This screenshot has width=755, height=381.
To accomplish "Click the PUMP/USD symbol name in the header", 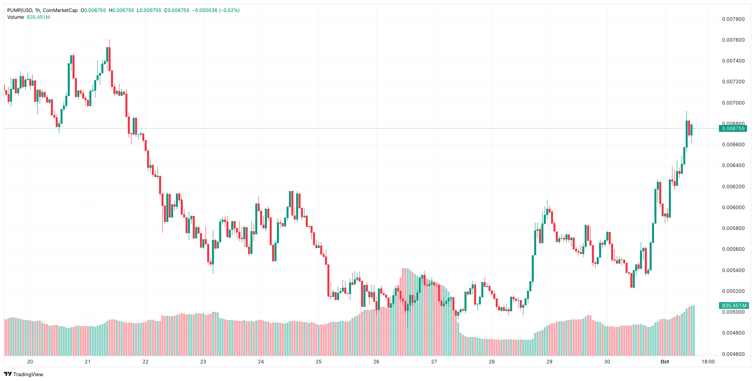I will [x=20, y=10].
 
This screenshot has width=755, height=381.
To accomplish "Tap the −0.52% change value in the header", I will [x=229, y=10].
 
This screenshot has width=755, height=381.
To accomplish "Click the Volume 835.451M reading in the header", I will [x=28, y=17].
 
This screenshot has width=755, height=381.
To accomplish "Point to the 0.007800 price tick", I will [x=733, y=19].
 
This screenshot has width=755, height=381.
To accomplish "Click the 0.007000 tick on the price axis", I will [x=733, y=103].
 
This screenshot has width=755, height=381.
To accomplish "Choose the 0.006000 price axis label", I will [x=733, y=208].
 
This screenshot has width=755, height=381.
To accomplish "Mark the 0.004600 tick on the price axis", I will [x=733, y=354].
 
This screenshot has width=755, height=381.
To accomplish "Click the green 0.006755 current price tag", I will [x=733, y=129].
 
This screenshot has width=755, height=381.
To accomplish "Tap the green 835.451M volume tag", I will [x=733, y=306].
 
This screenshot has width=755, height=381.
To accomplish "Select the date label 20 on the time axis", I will [x=30, y=362].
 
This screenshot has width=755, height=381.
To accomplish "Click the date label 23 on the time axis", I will [x=203, y=362].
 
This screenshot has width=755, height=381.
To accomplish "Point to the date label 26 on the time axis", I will [x=376, y=362].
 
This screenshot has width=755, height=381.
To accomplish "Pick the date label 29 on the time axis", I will [x=549, y=362].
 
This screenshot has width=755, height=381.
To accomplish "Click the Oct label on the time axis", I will [x=665, y=362].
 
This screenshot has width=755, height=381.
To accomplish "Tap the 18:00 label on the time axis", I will [x=708, y=362].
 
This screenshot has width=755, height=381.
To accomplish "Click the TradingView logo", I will [x=24, y=374].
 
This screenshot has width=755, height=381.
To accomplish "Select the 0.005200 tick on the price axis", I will [x=733, y=291].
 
